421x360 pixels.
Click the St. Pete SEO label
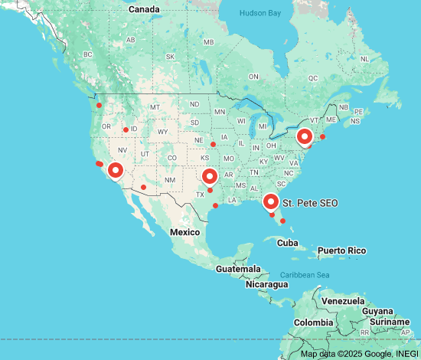(310, 203)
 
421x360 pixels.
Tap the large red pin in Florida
(270, 201)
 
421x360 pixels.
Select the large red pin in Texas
(210, 177)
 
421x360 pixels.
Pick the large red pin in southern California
(116, 170)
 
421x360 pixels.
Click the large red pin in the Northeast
(305, 137)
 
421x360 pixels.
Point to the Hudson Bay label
(260, 13)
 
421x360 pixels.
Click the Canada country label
(144, 9)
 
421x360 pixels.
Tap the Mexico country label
(184, 231)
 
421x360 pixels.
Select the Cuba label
(287, 243)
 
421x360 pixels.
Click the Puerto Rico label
(341, 250)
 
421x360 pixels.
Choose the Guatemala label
(237, 270)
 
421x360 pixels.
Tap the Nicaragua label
(266, 284)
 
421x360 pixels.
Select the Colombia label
(314, 322)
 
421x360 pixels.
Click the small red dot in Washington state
(99, 105)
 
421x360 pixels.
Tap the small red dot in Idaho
(126, 129)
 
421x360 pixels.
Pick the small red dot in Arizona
(143, 187)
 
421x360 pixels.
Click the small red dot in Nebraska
(213, 144)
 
